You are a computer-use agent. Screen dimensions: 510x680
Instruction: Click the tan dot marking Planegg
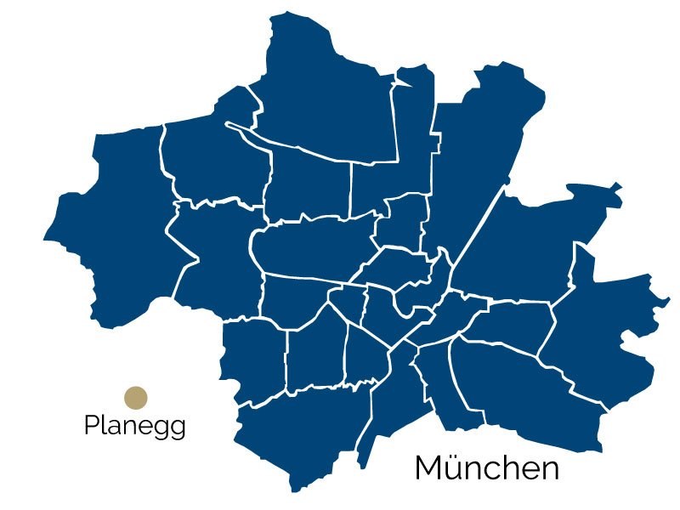pyautogui.click(x=136, y=398)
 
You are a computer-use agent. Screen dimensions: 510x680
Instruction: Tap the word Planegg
pyautogui.click(x=134, y=426)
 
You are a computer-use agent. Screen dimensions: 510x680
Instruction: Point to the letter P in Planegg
pyautogui.click(x=92, y=425)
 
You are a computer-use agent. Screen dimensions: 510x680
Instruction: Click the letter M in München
pyautogui.click(x=428, y=467)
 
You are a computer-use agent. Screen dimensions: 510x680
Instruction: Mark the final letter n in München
pyautogui.click(x=550, y=470)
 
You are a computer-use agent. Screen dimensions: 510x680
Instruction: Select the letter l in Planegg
pyautogui.click(x=103, y=424)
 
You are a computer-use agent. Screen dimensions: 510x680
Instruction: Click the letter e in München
pyautogui.click(x=530, y=470)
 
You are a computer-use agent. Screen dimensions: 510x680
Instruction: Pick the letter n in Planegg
pyautogui.click(x=128, y=427)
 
